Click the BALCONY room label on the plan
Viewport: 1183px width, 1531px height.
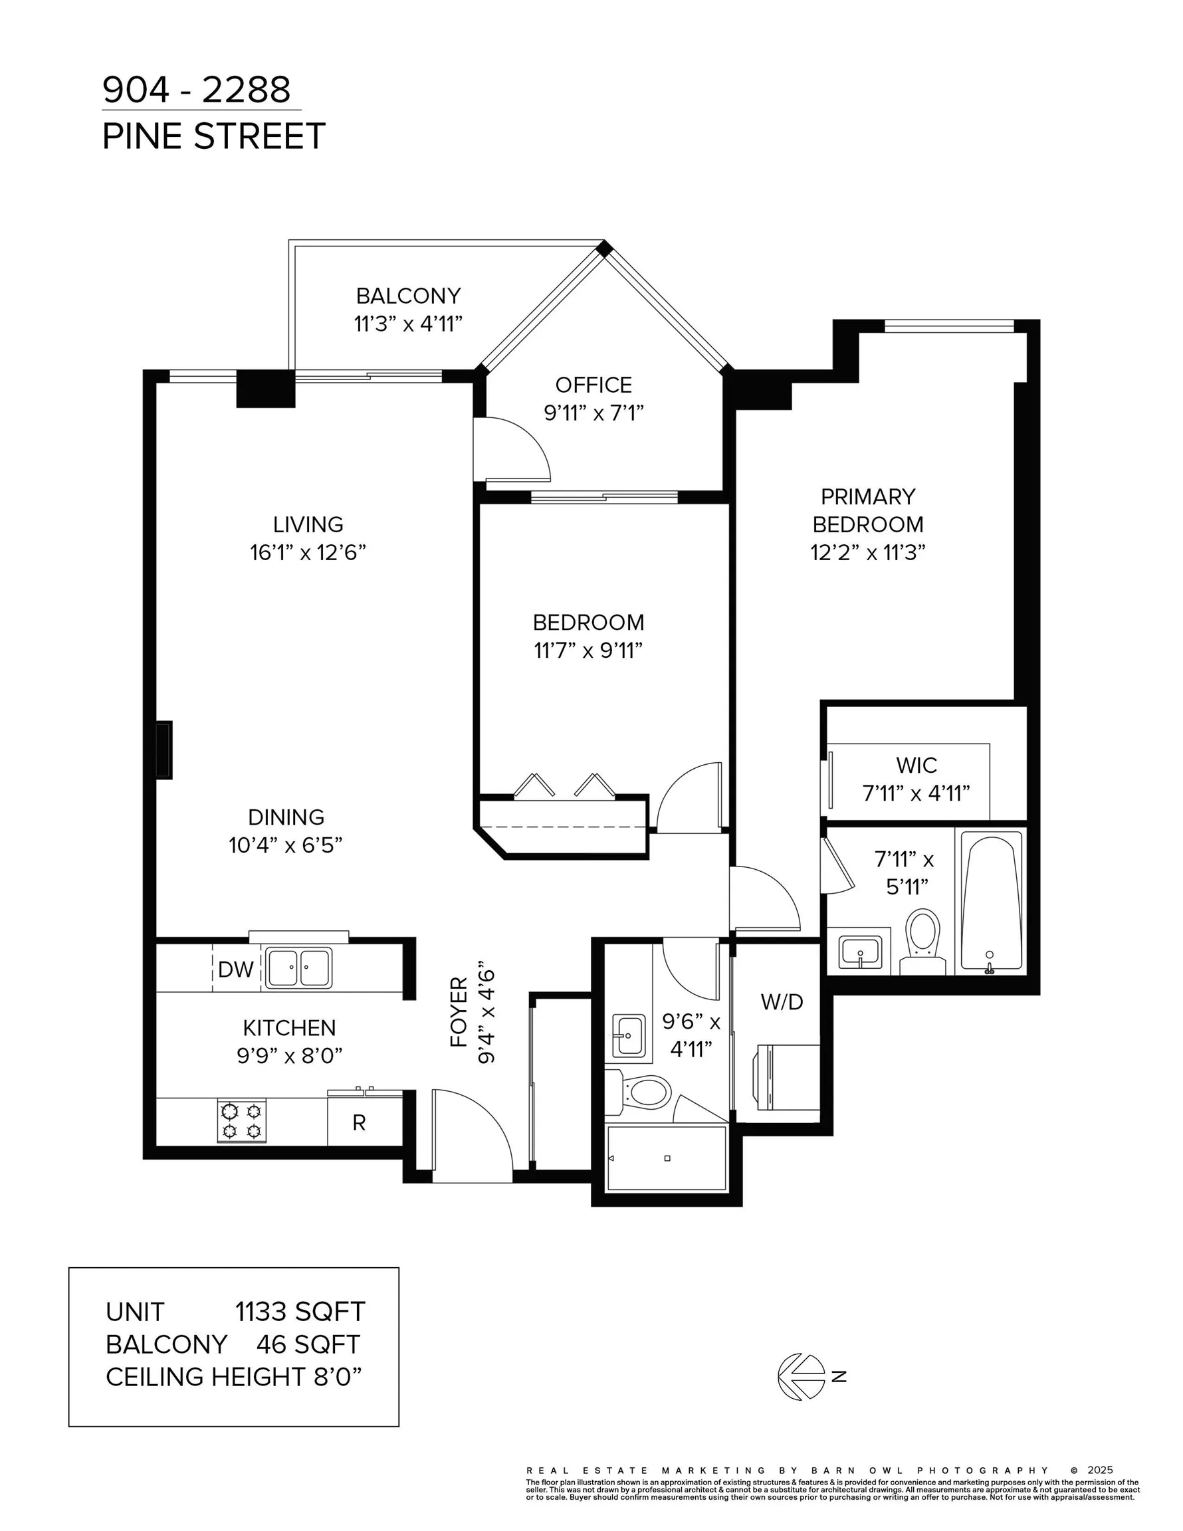pos(408,296)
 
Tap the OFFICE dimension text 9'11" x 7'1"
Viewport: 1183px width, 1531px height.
pos(594,413)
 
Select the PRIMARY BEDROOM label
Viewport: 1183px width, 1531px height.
pos(868,510)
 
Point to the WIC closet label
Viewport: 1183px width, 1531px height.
pos(916,765)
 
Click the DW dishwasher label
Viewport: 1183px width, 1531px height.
pos(236,969)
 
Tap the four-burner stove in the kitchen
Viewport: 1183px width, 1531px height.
pos(242,1120)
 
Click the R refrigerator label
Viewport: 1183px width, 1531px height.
pos(359,1123)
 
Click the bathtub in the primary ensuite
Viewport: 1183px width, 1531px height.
pos(990,902)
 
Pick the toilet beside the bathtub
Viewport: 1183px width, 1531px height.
pos(922,941)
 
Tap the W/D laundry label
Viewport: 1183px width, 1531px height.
pos(782,1002)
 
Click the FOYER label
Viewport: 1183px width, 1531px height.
pos(459,1012)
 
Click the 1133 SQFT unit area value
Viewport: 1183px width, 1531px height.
pos(300,1312)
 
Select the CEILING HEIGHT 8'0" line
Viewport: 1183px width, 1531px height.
pos(234,1377)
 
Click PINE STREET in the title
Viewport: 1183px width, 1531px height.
pos(214,136)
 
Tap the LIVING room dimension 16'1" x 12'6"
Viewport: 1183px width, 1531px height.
pos(308,553)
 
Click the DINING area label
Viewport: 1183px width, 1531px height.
pos(286,817)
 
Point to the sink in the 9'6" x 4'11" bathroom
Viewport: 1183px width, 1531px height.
pos(629,1036)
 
